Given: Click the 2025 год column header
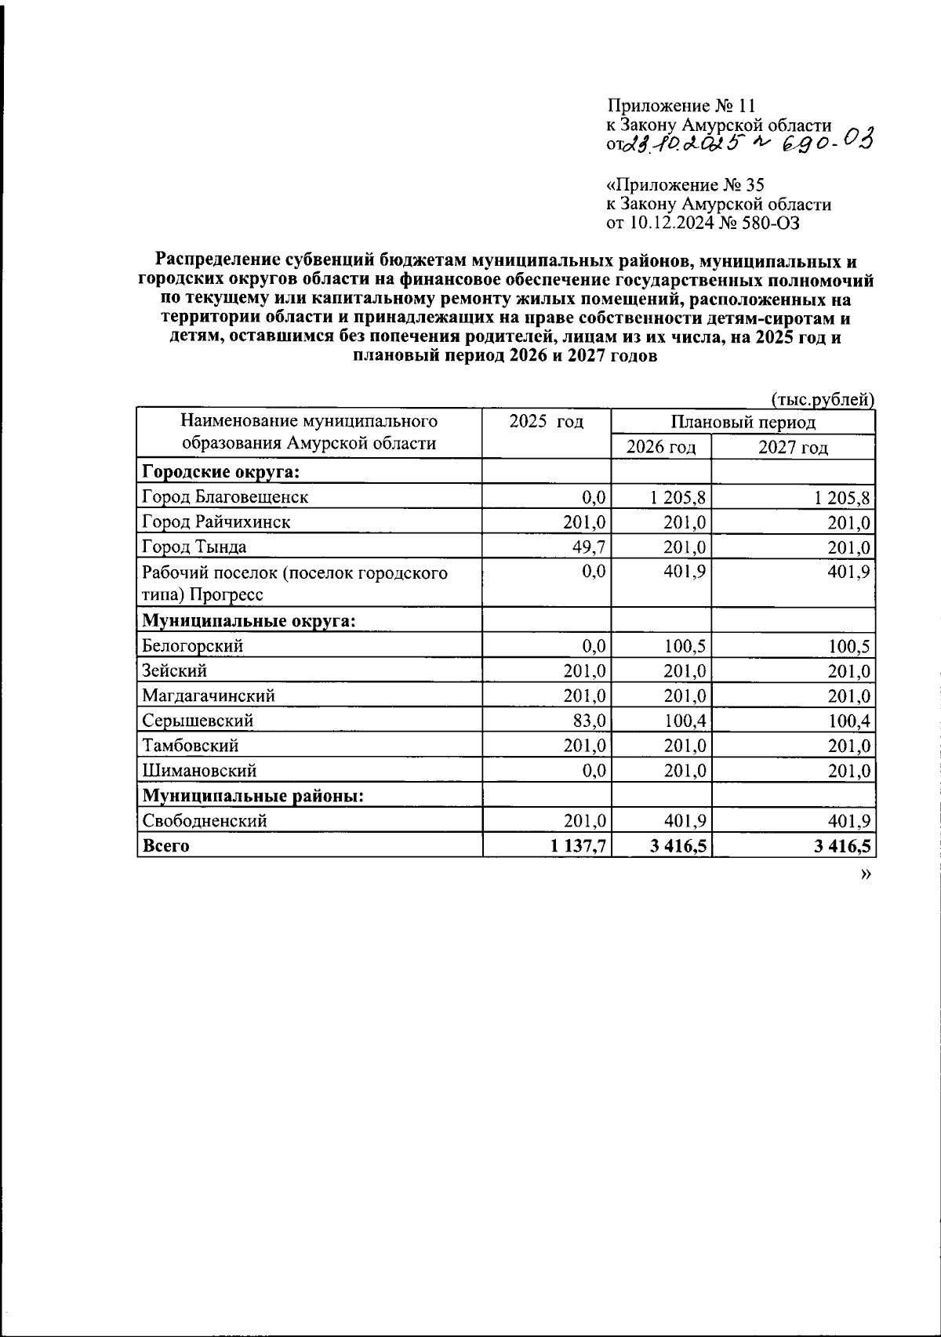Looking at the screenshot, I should [x=547, y=422].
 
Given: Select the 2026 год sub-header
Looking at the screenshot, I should [x=661, y=448].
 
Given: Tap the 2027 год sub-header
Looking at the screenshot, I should [x=793, y=448].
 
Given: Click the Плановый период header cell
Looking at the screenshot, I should [x=743, y=422].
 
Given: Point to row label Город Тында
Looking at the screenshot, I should [x=194, y=547].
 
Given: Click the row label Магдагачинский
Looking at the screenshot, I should [x=209, y=696].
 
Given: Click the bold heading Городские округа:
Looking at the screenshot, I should [x=221, y=471].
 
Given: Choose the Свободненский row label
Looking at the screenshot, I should [x=205, y=821].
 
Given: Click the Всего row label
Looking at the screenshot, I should [x=165, y=846].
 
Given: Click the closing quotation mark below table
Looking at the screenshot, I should [x=865, y=875].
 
